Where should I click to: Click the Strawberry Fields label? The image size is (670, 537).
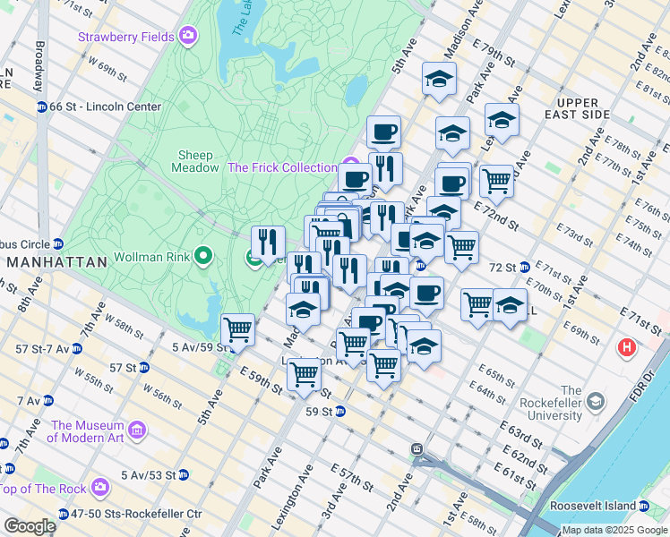tap(128, 37)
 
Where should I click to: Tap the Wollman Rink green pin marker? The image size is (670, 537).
tap(202, 258)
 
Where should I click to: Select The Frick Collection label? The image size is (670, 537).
tap(282, 167)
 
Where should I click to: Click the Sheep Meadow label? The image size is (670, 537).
tap(195, 161)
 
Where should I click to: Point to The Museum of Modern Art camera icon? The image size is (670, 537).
tap(137, 431)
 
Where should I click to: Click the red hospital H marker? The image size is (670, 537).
tap(627, 346)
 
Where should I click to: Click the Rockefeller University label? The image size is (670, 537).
tap(571, 403)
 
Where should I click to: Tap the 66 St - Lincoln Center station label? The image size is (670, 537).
tap(105, 107)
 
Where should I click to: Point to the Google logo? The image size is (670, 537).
tap(30, 526)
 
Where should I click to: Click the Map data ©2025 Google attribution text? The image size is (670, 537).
tap(614, 530)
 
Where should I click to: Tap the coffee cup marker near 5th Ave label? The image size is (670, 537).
tap(383, 132)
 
